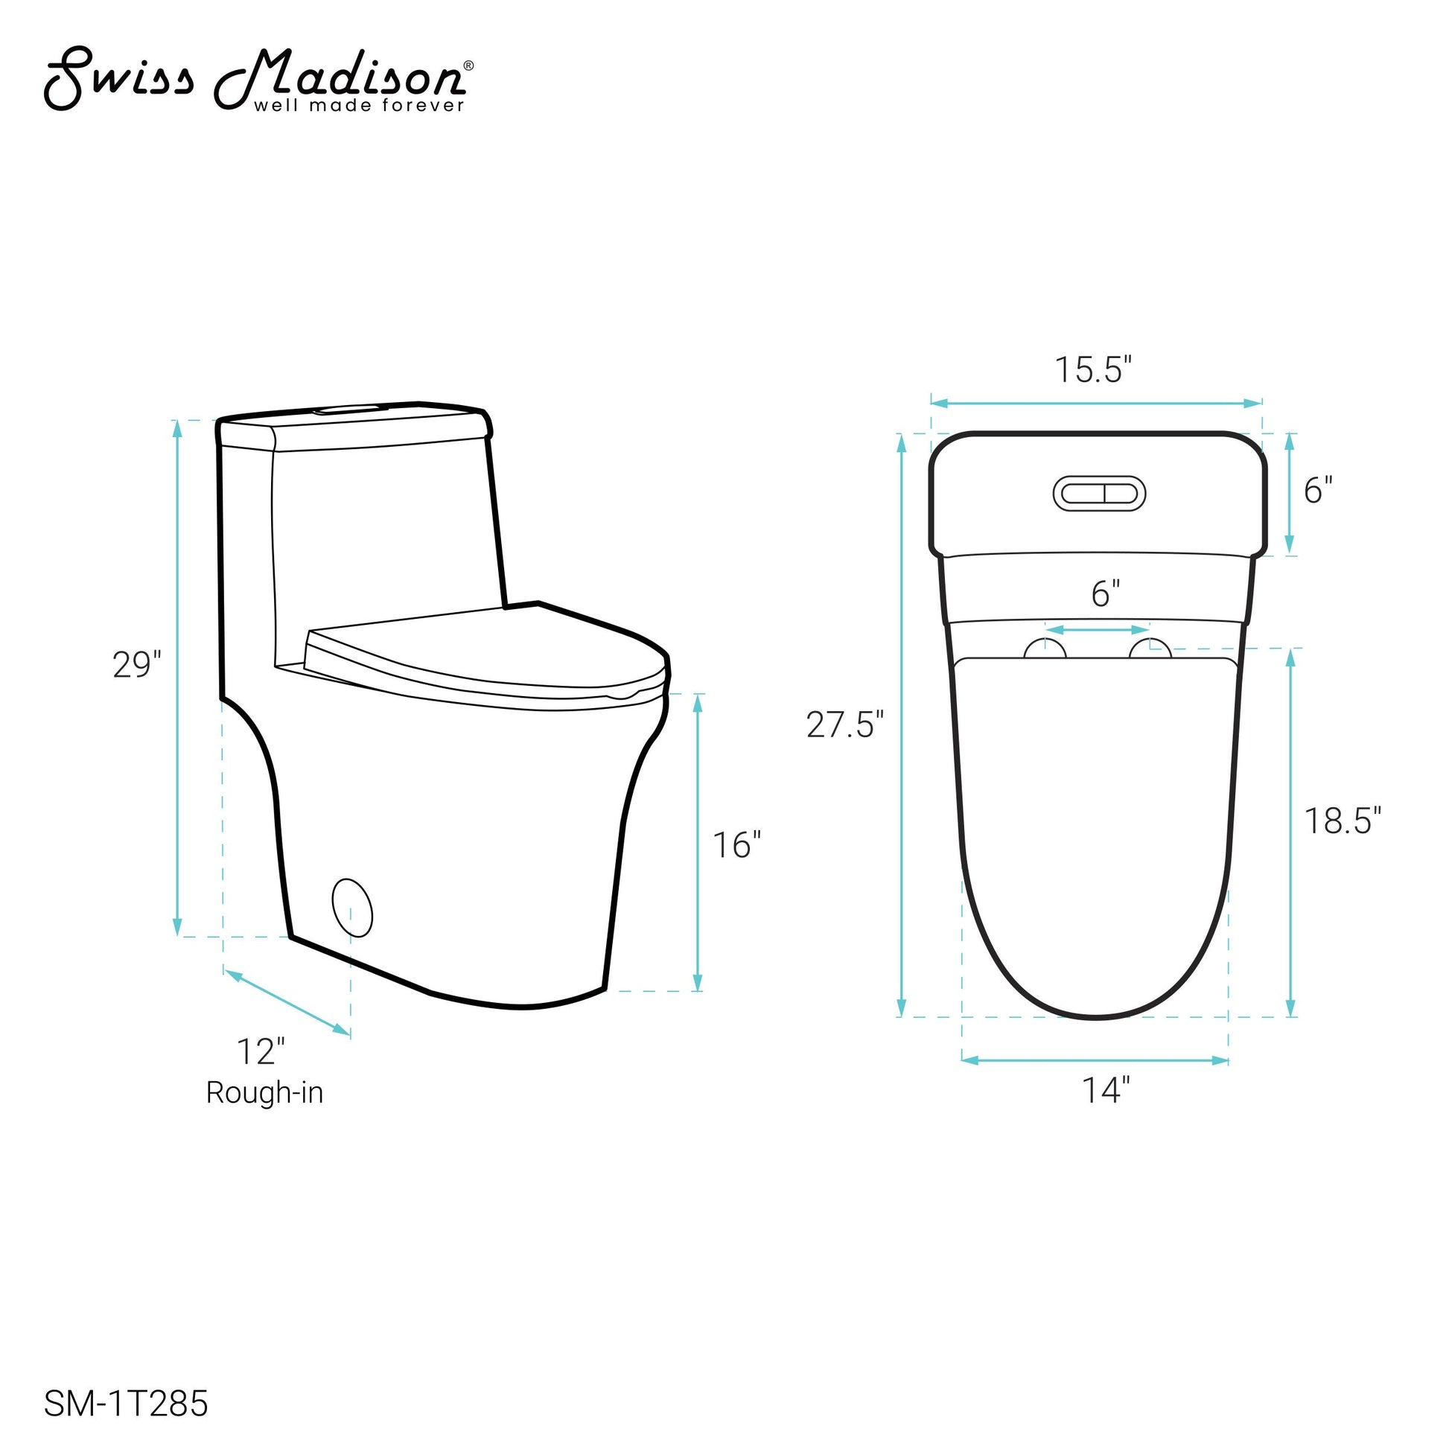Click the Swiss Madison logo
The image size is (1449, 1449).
pyautogui.click(x=259, y=80)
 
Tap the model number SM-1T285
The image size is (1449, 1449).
pyautogui.click(x=126, y=1404)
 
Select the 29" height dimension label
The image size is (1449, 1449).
pyautogui.click(x=137, y=665)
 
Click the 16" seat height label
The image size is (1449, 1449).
pyautogui.click(x=736, y=845)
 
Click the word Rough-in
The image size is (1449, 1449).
pyautogui.click(x=265, y=1093)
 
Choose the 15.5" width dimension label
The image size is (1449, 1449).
pyautogui.click(x=1093, y=370)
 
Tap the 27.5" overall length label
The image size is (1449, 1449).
pyautogui.click(x=845, y=725)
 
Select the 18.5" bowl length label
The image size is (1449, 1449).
pyautogui.click(x=1343, y=821)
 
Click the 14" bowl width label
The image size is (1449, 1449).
pyautogui.click(x=1106, y=1090)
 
